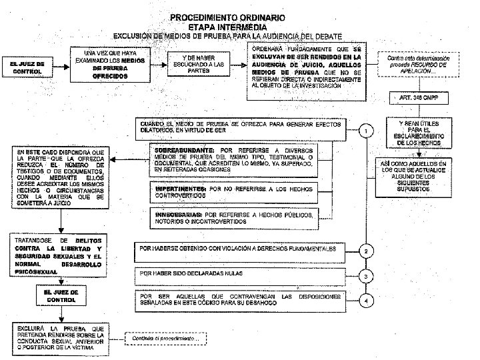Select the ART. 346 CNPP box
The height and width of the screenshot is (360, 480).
click(x=414, y=97)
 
